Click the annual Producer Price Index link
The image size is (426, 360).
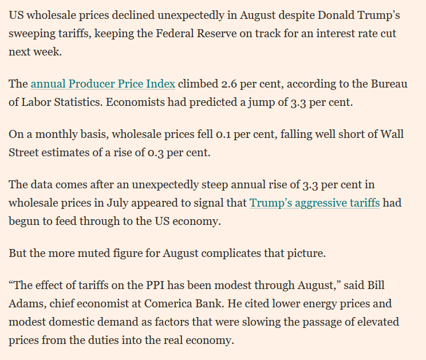pyautogui.click(x=103, y=84)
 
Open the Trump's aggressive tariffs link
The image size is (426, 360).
pyautogui.click(x=314, y=203)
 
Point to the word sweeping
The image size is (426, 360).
pyautogui.click(x=34, y=34)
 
